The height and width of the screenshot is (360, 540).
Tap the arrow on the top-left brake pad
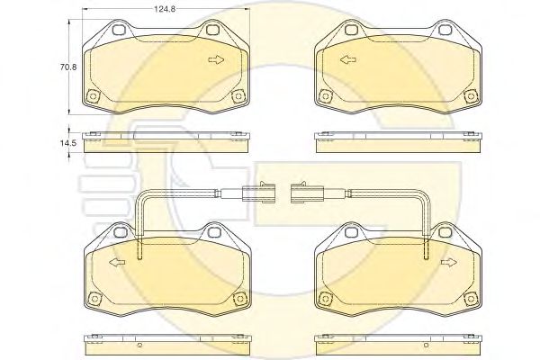point(216,60)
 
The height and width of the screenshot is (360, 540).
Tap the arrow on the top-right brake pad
point(347,60)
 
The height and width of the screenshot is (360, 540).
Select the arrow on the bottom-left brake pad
point(114,263)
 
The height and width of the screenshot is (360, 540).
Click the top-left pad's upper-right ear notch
point(214,30)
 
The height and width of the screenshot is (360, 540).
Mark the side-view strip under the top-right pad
point(396,139)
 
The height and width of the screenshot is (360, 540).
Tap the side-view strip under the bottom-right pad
point(396,342)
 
